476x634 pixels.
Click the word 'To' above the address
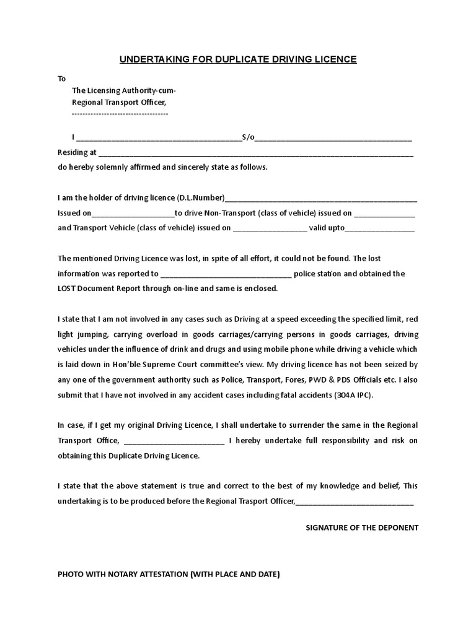(x=61, y=79)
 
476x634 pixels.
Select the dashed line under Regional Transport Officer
(x=120, y=114)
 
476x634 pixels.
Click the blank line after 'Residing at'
(x=255, y=152)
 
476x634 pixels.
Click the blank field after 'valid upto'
(x=379, y=228)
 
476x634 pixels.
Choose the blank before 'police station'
(x=226, y=274)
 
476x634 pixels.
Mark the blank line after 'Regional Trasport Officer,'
(x=355, y=502)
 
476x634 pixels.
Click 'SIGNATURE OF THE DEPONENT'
(x=363, y=528)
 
